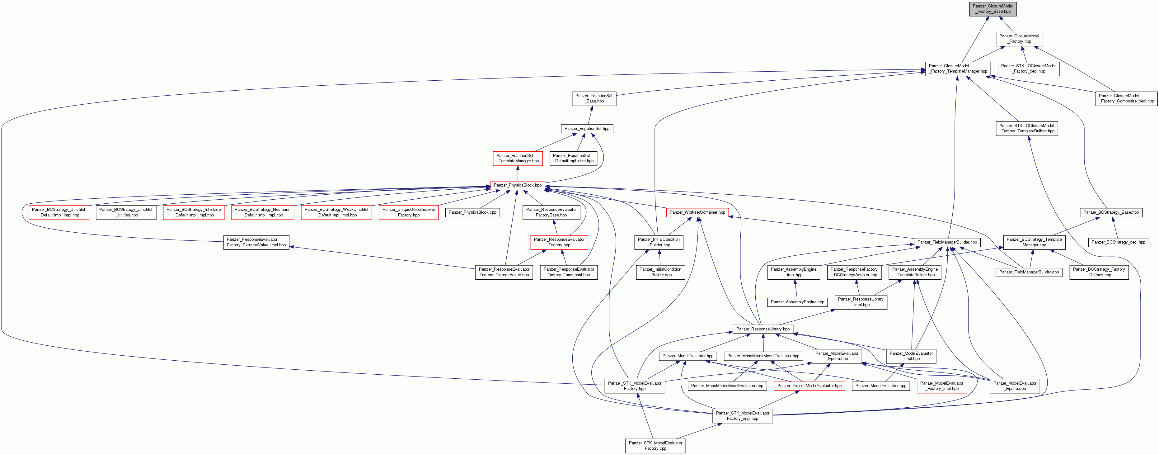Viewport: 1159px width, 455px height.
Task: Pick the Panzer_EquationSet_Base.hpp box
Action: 594,98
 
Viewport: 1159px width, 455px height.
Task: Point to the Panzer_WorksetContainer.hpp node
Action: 697,212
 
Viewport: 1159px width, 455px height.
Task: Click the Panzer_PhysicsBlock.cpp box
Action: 472,212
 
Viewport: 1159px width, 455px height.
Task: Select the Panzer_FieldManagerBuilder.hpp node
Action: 947,242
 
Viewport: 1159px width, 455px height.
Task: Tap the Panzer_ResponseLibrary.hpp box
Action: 762,329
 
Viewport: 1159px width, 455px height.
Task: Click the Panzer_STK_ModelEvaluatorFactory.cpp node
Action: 655,446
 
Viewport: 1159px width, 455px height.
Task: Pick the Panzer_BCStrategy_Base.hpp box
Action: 1111,212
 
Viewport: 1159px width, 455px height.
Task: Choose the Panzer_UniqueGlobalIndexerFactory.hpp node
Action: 409,212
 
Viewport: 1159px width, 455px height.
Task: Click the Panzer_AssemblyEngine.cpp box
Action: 797,302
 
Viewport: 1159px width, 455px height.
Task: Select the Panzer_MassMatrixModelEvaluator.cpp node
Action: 727,386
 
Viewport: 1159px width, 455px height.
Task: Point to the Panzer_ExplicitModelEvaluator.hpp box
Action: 809,386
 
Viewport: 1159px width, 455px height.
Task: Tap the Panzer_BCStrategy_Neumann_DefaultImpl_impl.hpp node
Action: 262,212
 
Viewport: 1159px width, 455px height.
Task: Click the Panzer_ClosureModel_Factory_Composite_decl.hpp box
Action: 1126,98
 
